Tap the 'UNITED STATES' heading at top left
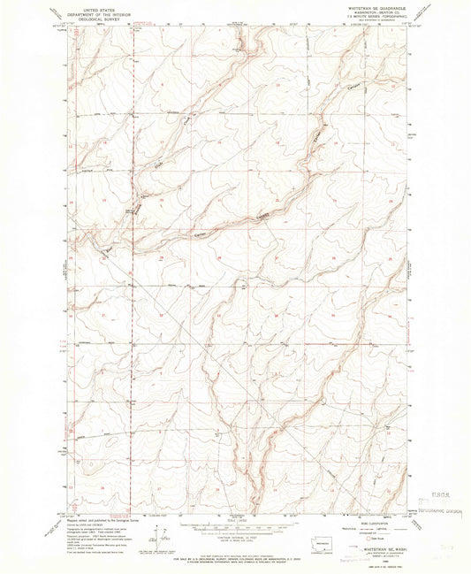[99, 7]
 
